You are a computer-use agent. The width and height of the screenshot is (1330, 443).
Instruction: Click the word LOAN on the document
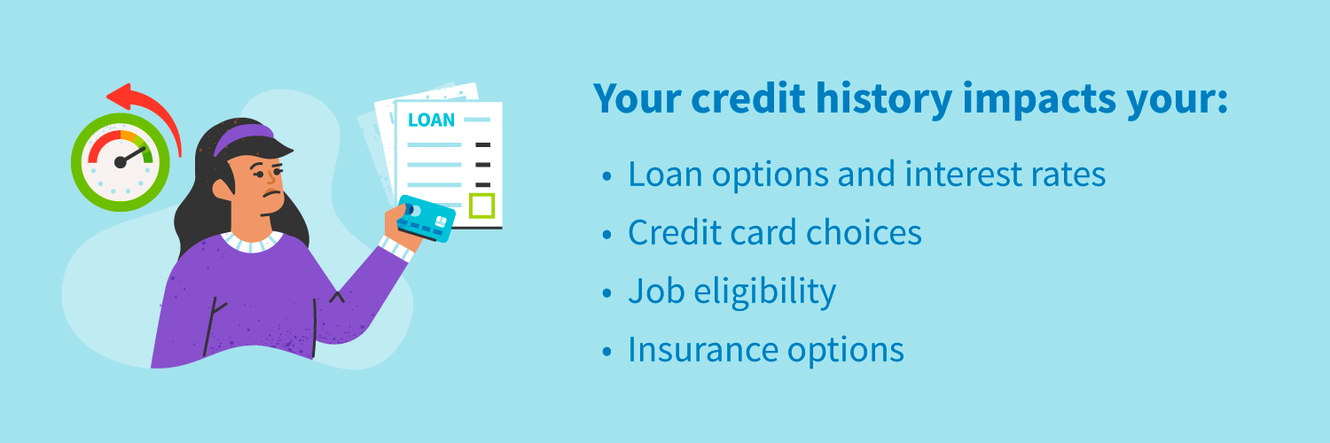[x=431, y=120]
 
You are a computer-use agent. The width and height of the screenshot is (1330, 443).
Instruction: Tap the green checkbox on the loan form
[x=481, y=206]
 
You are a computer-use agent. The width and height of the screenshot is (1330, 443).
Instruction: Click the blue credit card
[x=426, y=219]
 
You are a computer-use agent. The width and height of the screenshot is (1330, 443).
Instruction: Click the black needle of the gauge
[x=131, y=156]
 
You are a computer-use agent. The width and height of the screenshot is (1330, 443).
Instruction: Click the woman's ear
[x=223, y=189]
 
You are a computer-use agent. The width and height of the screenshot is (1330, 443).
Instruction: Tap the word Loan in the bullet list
[x=665, y=175]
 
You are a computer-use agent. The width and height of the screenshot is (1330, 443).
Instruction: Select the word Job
[x=656, y=291]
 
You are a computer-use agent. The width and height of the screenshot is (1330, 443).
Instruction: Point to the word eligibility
[x=764, y=292]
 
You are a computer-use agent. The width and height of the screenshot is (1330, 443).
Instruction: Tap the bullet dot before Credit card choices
[x=606, y=235]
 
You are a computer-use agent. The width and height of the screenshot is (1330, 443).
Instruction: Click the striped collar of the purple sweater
[x=253, y=242]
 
